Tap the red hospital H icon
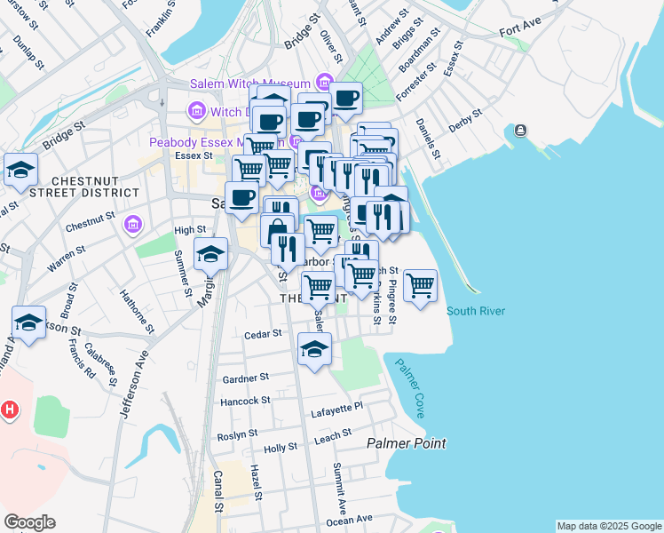10,410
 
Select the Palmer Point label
407,442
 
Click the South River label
476,311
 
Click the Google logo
29,521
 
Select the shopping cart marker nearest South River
420,286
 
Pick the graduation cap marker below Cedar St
314,350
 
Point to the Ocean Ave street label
350,520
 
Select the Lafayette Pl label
337,410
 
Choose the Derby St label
465,120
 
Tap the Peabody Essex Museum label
217,142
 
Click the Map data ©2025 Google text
608,526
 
